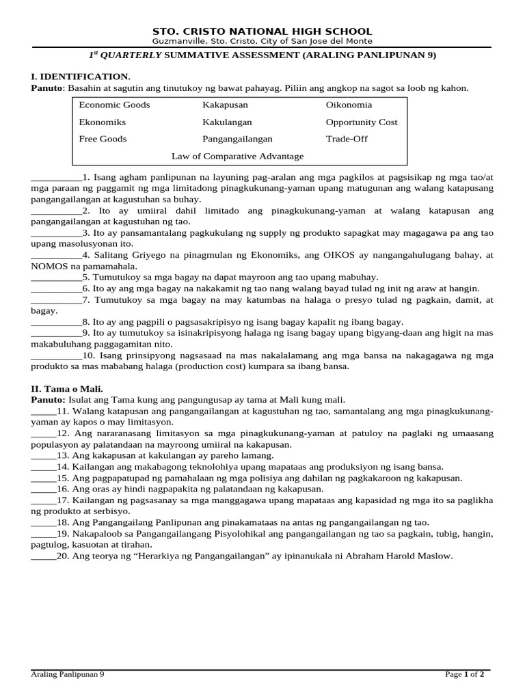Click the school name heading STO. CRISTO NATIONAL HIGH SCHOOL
click(262, 31)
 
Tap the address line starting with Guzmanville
click(262, 42)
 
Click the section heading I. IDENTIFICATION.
click(81, 77)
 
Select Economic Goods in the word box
click(114, 105)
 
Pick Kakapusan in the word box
click(225, 105)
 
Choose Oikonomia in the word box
click(349, 105)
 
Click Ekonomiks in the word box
click(103, 122)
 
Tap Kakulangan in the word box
click(227, 122)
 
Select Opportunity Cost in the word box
click(362, 122)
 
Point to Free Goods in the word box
click(103, 139)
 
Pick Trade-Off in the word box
click(346, 139)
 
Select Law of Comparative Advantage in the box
click(237, 157)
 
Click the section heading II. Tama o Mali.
click(66, 389)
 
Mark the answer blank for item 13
click(43, 455)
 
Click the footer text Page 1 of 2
click(465, 674)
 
